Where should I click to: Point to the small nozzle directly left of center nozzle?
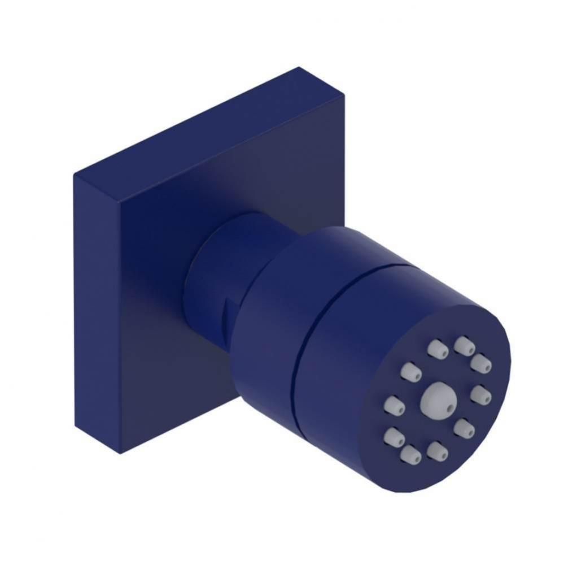tap(394, 405)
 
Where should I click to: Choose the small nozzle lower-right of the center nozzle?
tap(464, 428)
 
